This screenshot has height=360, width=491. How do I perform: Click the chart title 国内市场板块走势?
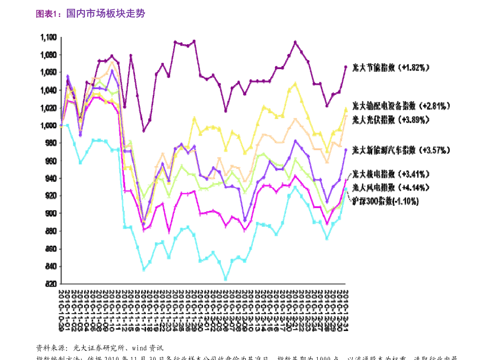coord(106,14)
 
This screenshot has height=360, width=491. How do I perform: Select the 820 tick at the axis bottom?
coord(51,284)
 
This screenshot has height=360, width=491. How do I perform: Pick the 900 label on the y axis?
coord(51,214)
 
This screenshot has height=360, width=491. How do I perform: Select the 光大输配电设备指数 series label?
coord(400,106)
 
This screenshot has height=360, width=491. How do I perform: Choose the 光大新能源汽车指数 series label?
coord(400,150)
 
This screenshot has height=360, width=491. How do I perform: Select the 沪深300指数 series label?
coord(386,201)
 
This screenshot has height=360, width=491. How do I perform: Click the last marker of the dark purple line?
coord(346,66)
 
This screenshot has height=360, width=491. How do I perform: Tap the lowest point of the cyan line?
coord(225,280)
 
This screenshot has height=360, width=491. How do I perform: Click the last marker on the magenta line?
coord(346,180)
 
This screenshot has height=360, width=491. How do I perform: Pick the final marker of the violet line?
coord(346,149)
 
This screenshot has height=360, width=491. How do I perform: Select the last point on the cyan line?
coord(346,189)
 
